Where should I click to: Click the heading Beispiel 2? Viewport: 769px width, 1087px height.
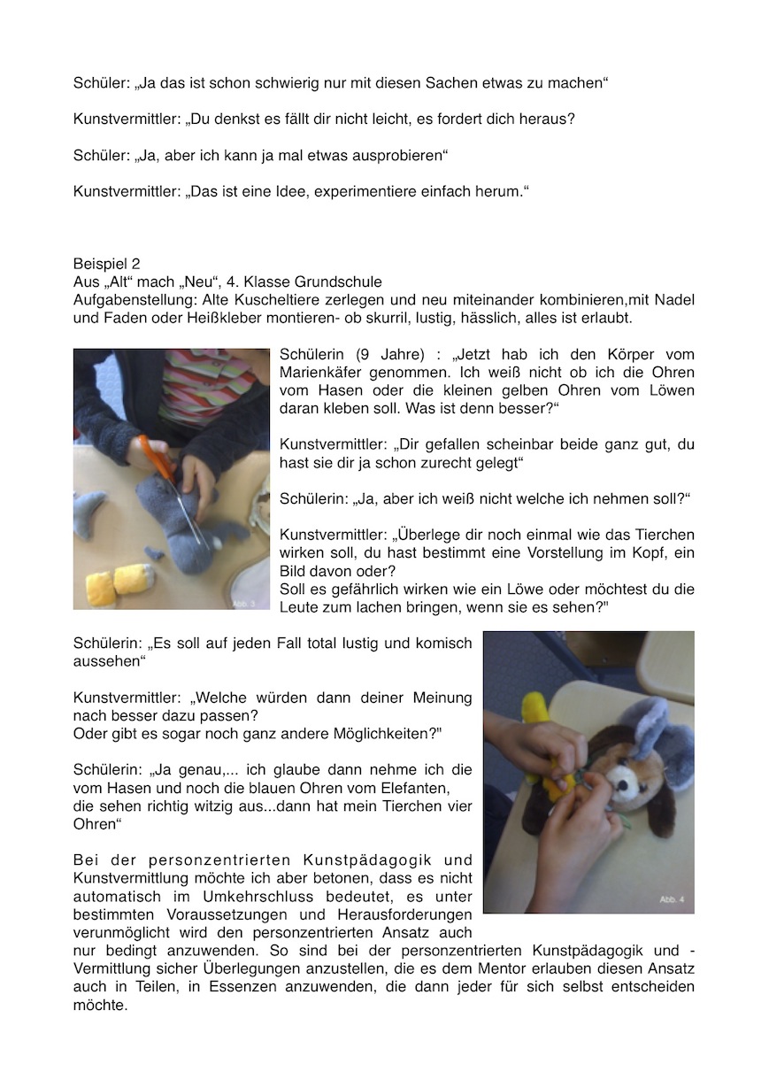coord(107,264)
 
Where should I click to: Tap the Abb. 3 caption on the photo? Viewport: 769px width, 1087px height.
coord(251,602)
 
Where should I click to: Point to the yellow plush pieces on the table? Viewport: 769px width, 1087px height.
coord(119,584)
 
